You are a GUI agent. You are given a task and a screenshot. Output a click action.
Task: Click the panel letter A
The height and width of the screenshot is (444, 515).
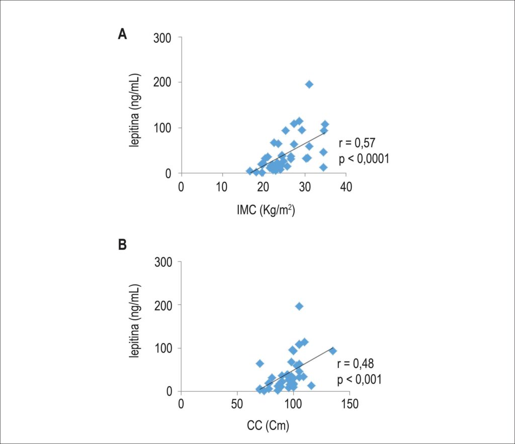pos(122,34)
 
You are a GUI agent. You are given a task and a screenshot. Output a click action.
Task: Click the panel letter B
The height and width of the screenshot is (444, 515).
pos(122,245)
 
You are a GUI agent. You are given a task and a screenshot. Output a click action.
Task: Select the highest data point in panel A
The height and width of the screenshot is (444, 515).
pos(309,85)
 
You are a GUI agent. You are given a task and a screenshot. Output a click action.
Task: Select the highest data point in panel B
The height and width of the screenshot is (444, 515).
pos(299,306)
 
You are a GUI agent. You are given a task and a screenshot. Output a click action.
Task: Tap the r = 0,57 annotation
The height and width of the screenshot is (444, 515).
pos(357,143)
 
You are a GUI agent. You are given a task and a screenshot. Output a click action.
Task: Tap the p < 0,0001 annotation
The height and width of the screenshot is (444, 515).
pos(364,159)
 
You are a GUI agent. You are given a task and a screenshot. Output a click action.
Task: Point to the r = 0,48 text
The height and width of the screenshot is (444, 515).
pos(356,363)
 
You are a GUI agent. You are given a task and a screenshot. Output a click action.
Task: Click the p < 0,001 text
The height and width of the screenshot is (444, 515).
pos(359,380)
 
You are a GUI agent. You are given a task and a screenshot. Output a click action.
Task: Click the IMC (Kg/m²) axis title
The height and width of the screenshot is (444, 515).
pos(266,210)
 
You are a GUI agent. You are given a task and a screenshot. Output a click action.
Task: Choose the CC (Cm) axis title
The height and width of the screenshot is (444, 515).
pos(268,425)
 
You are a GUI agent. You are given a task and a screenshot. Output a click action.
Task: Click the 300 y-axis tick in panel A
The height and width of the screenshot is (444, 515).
pos(162,38)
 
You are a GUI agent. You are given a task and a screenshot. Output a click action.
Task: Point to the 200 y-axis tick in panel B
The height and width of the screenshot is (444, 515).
pos(163,306)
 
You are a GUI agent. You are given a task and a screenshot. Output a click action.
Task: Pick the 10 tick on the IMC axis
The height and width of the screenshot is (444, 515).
pos(222,187)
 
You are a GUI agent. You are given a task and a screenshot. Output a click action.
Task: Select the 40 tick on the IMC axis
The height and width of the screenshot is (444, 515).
pos(346,187)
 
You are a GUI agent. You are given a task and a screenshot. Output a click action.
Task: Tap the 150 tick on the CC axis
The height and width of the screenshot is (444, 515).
pos(350,404)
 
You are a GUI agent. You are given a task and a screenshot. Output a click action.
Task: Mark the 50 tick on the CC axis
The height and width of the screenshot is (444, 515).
pos(237,404)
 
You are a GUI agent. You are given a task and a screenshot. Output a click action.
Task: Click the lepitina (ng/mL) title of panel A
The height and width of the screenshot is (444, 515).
pos(134,110)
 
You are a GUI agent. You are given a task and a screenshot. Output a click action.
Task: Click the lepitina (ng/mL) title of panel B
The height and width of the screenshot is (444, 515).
pos(134,321)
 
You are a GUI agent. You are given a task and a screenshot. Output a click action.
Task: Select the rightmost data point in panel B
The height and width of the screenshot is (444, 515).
pos(333,351)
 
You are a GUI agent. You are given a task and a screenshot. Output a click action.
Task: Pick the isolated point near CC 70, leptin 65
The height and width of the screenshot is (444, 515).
pos(260,363)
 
